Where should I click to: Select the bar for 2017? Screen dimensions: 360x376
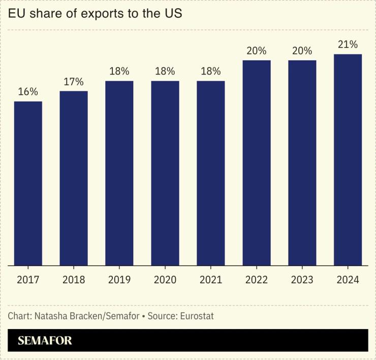[28, 183]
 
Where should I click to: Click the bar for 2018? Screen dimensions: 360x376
[74, 178]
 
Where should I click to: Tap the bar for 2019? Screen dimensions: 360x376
[119, 173]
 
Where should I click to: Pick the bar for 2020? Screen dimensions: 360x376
[165, 173]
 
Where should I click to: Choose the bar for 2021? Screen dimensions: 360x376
[211, 173]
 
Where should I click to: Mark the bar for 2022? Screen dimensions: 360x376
[257, 162]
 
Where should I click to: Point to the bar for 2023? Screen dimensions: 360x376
[302, 162]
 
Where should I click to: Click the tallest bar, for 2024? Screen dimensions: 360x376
[348, 159]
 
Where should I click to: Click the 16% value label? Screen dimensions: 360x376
[28, 92]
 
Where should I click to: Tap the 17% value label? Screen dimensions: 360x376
[74, 82]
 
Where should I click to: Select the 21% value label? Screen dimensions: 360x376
[348, 45]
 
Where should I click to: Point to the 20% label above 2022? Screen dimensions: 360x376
[257, 51]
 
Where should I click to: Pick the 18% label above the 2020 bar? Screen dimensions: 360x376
[165, 72]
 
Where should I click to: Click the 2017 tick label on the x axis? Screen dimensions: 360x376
[28, 280]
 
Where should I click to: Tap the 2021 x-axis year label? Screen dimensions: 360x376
[211, 280]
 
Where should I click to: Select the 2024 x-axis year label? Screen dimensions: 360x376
[348, 280]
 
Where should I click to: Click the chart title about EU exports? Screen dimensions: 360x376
[95, 14]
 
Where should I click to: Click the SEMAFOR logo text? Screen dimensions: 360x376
[45, 341]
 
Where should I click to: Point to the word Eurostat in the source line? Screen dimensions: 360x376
[195, 316]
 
